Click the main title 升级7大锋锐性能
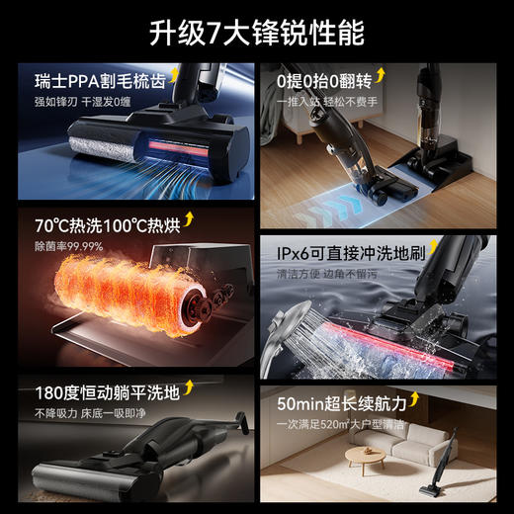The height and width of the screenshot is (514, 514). [257, 32]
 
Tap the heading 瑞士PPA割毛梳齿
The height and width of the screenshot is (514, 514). [87, 81]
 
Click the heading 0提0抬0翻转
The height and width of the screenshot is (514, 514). [321, 79]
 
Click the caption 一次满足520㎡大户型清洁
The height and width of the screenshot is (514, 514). [341, 423]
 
